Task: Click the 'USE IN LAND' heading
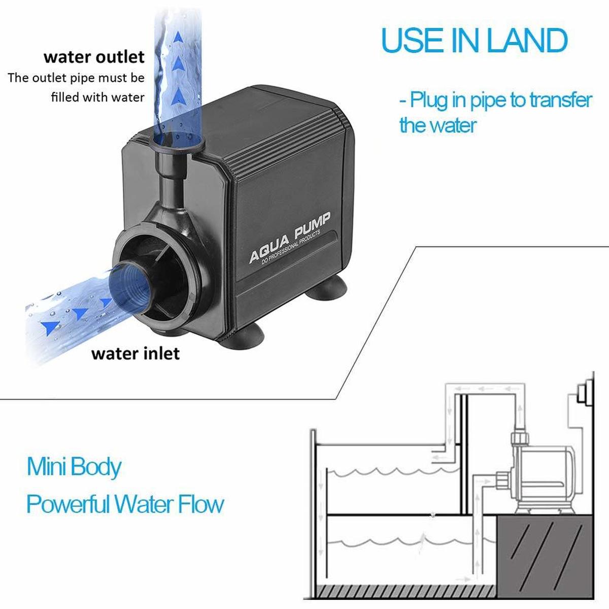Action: (x=474, y=40)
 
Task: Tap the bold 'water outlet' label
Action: (x=94, y=57)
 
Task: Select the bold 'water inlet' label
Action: (x=136, y=353)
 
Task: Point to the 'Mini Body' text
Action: (x=74, y=467)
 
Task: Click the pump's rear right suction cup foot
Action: (x=327, y=288)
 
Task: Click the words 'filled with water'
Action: (x=97, y=97)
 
